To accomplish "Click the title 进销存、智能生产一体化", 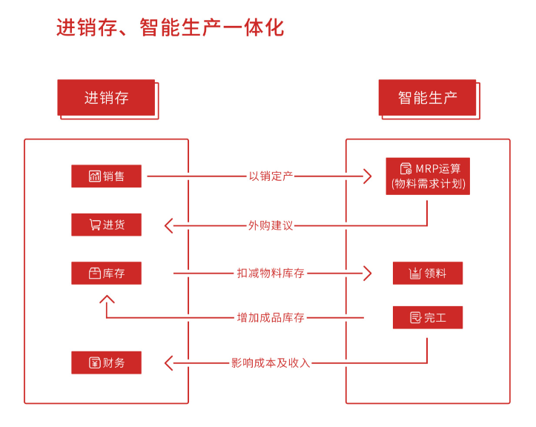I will click(170, 27).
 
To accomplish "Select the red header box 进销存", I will click(106, 97).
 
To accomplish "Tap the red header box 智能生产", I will click(427, 97).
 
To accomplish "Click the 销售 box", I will click(106, 176).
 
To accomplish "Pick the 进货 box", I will click(106, 225).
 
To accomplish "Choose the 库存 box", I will click(106, 273).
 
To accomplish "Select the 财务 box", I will click(106, 363).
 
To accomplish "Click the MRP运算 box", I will click(428, 176).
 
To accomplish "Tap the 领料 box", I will click(428, 273).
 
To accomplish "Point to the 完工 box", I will click(428, 317).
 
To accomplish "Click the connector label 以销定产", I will click(271, 176).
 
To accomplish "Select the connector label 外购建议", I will click(271, 225).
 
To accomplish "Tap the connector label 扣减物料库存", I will click(271, 274).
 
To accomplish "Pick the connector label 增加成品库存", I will click(271, 318).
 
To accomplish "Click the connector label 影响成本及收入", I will click(271, 363).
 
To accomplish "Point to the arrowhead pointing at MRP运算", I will click(367, 176).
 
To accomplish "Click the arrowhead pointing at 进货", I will click(168, 225).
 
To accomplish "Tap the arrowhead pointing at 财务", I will click(168, 363).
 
